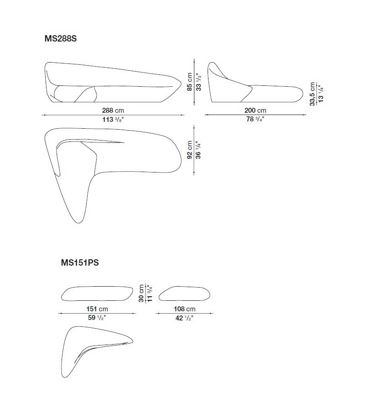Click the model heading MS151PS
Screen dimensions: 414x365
pos(80,263)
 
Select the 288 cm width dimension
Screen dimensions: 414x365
pos(113,110)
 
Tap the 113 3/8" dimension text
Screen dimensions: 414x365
pos(113,120)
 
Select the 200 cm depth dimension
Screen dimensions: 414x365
pos(255,110)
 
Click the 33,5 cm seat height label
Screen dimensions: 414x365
pos(313,94)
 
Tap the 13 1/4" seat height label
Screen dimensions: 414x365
pos(321,94)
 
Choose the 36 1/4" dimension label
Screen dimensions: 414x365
pos(198,149)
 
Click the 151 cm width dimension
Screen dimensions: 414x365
pos(97,309)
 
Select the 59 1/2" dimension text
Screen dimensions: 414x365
pos(97,318)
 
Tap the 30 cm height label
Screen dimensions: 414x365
pos(141,293)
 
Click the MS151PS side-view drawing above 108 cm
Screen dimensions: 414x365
pos(184,293)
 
